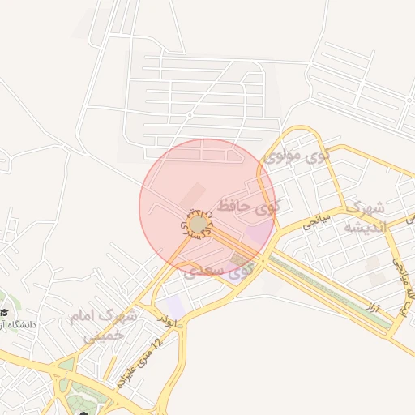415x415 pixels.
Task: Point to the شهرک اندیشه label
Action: (367, 217)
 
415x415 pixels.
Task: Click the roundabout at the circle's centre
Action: (198, 224)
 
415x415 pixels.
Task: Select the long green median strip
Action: (332, 292)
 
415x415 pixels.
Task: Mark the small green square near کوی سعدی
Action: (237, 259)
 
